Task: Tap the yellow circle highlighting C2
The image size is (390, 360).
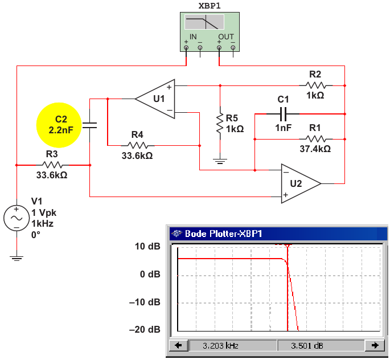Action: click(59, 125)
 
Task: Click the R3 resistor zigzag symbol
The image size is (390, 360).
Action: click(52, 165)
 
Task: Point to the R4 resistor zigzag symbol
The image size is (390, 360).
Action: click(138, 146)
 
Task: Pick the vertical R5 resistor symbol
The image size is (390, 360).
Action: click(220, 124)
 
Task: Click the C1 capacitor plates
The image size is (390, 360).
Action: click(283, 114)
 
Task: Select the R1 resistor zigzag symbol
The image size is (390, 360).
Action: click(315, 139)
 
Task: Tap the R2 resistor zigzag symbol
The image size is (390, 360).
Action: click(315, 85)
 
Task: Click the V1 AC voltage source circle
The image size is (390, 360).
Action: click(17, 218)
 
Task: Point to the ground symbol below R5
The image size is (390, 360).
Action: click(220, 161)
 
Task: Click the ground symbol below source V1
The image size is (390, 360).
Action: click(17, 258)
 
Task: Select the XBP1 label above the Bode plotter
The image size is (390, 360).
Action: click(210, 6)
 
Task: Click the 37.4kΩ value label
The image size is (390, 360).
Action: click(315, 149)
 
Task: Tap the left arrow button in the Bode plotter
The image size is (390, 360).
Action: click(178, 346)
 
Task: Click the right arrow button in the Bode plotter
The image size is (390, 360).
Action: click(375, 346)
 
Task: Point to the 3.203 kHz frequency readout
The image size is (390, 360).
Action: click(220, 346)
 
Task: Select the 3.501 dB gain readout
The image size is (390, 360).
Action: click(307, 346)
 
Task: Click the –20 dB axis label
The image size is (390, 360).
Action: click(145, 329)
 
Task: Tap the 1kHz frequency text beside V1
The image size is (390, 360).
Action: click(43, 224)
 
